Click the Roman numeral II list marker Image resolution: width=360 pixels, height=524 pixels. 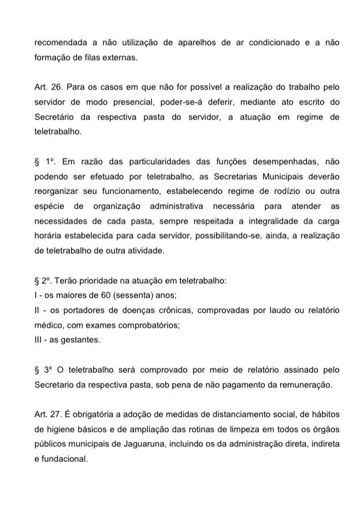click(x=38, y=311)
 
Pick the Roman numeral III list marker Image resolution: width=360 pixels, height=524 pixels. click(x=39, y=340)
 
